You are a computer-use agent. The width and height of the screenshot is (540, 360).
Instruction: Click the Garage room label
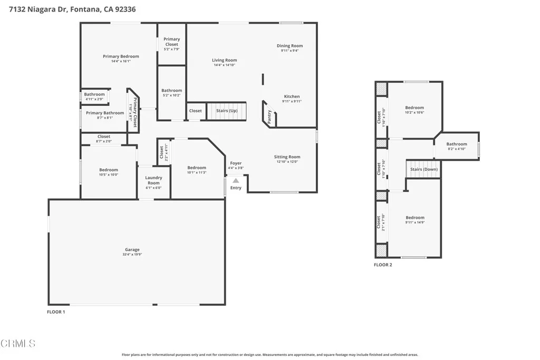pos(132,249)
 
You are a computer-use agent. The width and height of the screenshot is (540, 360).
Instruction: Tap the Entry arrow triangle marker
pos(236,181)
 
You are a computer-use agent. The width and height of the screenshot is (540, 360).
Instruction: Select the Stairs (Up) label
pos(227,111)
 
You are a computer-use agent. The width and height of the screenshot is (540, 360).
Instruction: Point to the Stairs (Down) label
pos(424,169)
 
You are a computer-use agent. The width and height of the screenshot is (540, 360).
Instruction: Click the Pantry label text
pos(269,117)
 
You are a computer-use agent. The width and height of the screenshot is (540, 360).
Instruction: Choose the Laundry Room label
pos(153,180)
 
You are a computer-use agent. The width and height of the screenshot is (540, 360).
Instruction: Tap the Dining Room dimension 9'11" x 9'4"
pos(290,51)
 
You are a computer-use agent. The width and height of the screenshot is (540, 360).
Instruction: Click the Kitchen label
pos(292,96)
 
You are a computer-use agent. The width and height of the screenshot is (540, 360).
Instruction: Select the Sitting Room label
pos(287,157)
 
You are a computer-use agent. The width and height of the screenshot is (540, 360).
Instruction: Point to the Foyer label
pos(236,163)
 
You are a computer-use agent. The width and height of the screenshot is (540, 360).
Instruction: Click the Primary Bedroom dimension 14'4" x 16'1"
pos(121,61)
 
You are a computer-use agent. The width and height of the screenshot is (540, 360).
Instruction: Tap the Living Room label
pos(224,60)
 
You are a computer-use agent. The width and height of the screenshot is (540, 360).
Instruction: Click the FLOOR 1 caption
pos(56,312)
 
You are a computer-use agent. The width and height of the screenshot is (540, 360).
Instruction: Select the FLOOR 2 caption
pos(383,265)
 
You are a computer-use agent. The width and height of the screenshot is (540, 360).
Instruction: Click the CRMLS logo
pos(18,344)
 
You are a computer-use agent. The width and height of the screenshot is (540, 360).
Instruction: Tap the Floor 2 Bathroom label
pos(456,144)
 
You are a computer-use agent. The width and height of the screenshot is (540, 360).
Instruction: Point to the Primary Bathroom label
pos(105,113)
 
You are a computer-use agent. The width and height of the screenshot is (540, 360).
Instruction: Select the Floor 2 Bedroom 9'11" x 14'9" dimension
pos(414,222)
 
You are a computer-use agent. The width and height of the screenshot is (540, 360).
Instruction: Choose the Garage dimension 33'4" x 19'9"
pos(132,255)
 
